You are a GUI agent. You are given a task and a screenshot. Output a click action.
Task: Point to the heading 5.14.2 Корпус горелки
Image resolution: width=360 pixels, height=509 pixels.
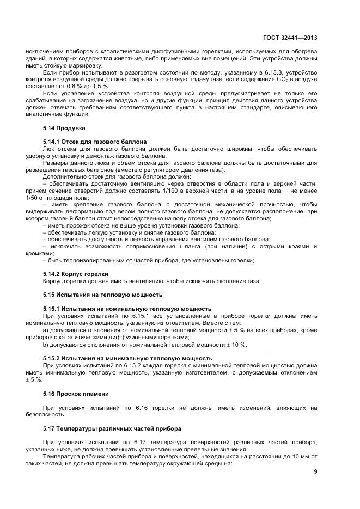pos(76,273)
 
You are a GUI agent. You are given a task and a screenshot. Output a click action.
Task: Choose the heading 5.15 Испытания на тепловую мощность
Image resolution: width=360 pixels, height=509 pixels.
pos(102,294)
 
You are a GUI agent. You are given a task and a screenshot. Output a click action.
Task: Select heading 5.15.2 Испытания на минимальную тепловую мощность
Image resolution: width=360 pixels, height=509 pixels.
pos(127,358)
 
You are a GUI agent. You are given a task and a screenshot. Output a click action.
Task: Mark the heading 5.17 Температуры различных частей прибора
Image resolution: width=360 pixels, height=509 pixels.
pos(108,428)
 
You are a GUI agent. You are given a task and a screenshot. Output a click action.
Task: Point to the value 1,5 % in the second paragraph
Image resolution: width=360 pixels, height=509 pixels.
pos(95,86)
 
